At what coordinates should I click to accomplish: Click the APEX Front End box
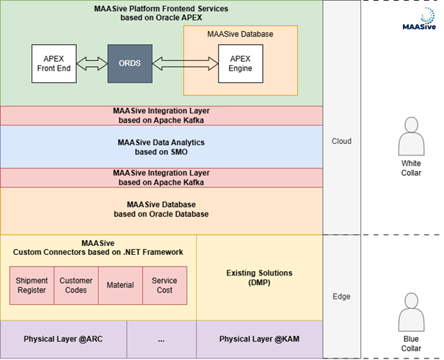[x=54, y=63]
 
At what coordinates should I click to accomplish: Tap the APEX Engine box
[x=241, y=63]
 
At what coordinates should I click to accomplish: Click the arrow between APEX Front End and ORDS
[x=92, y=64]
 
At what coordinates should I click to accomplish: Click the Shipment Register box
[x=32, y=285]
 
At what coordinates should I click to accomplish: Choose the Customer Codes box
[x=76, y=285]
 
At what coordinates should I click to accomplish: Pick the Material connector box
[x=120, y=285]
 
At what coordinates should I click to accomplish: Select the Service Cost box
[x=164, y=285]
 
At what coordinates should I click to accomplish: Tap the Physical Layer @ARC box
[x=64, y=339]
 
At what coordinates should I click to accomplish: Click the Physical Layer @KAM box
[x=260, y=339]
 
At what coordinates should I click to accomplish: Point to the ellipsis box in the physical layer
[x=161, y=339]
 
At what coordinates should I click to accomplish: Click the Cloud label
[x=341, y=141]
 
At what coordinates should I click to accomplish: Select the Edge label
[x=341, y=296]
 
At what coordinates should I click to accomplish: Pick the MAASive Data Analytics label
[x=161, y=142]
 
